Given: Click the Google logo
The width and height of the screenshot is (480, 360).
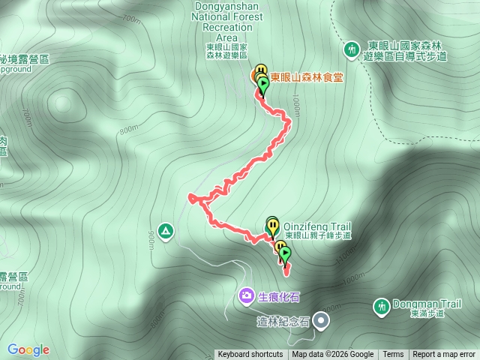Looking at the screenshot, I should pyautogui.click(x=28, y=349).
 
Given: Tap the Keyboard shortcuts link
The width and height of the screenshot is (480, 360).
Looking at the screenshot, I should pyautogui.click(x=250, y=355).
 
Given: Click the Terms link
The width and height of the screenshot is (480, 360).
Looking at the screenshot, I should pyautogui.click(x=393, y=355).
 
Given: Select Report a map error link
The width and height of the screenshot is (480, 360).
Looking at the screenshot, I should pyautogui.click(x=444, y=355).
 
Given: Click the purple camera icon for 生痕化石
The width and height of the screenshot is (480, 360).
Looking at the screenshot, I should pyautogui.click(x=247, y=297).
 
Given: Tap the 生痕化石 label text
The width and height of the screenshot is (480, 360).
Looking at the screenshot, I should pyautogui.click(x=278, y=297).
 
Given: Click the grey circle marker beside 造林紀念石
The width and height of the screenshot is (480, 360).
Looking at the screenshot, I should pyautogui.click(x=322, y=321).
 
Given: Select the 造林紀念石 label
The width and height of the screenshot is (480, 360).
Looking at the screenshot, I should pyautogui.click(x=283, y=322).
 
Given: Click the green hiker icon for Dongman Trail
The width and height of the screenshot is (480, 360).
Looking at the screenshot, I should pyautogui.click(x=381, y=306).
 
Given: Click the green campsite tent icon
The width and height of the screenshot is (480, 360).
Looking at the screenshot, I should pyautogui.click(x=166, y=229).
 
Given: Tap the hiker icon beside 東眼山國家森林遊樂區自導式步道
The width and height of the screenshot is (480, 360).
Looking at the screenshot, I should pyautogui.click(x=352, y=49).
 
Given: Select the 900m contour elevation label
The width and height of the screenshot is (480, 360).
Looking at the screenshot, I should pyautogui.click(x=152, y=238).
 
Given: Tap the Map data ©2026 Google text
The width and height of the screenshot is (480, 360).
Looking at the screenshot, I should pyautogui.click(x=332, y=355).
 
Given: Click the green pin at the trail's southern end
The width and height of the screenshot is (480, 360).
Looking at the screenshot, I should pyautogui.click(x=285, y=256).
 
